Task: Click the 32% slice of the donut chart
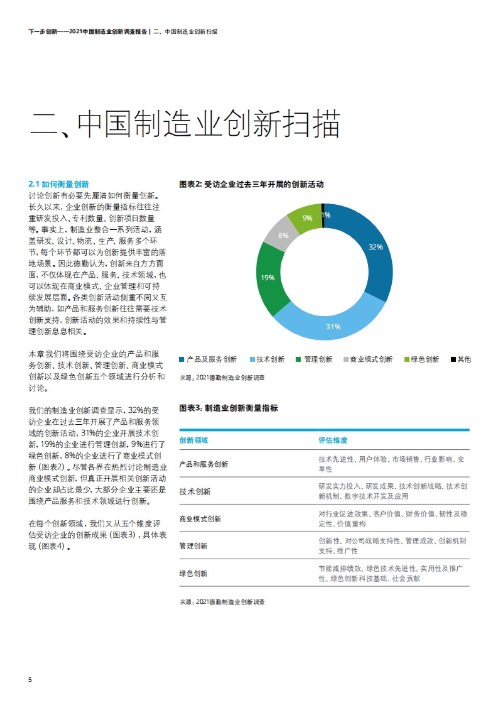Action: (x=371, y=249)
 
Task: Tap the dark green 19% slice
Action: (x=270, y=278)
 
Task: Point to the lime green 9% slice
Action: (x=306, y=217)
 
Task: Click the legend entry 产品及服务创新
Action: (x=208, y=360)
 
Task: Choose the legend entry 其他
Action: (x=461, y=360)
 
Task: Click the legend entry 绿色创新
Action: (x=422, y=360)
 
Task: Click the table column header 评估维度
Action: (x=333, y=441)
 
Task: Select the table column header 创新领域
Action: (x=193, y=441)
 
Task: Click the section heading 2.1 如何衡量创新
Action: (x=59, y=184)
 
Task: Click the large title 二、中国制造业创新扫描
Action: (x=185, y=124)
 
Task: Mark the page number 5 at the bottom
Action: (x=30, y=680)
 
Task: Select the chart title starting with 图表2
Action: (x=251, y=184)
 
